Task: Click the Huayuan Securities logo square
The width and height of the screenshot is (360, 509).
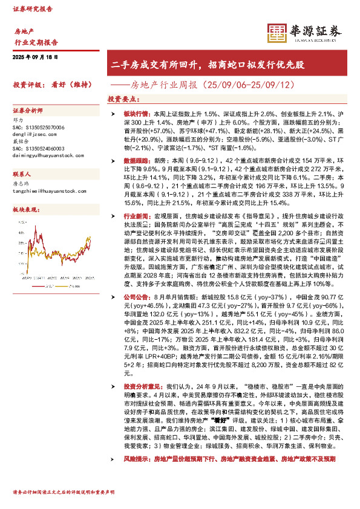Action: tap(277, 32)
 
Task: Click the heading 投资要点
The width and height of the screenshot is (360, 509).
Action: tap(121, 98)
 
